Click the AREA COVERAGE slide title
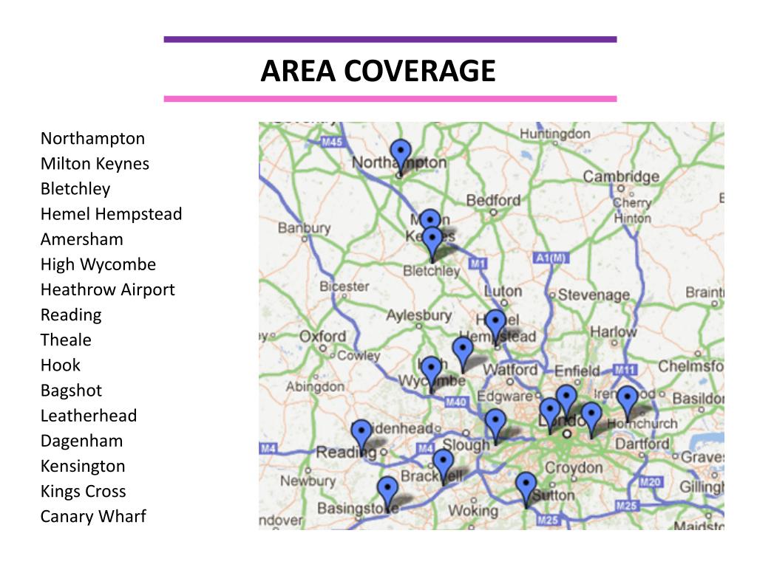[x=378, y=71]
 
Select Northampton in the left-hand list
[x=92, y=139]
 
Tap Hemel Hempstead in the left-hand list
[x=111, y=214]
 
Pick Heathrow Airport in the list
[x=107, y=289]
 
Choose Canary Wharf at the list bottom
[x=93, y=516]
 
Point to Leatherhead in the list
[x=89, y=416]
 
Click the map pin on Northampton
[x=401, y=154]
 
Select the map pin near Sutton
[x=526, y=487]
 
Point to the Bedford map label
[x=493, y=200]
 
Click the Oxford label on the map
[x=322, y=337]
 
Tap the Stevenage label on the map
[x=594, y=295]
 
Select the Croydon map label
[x=574, y=468]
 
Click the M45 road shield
[x=333, y=142]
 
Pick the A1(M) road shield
[x=549, y=258]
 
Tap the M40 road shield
[x=455, y=402]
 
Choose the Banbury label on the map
[x=304, y=228]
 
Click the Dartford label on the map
[x=642, y=444]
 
